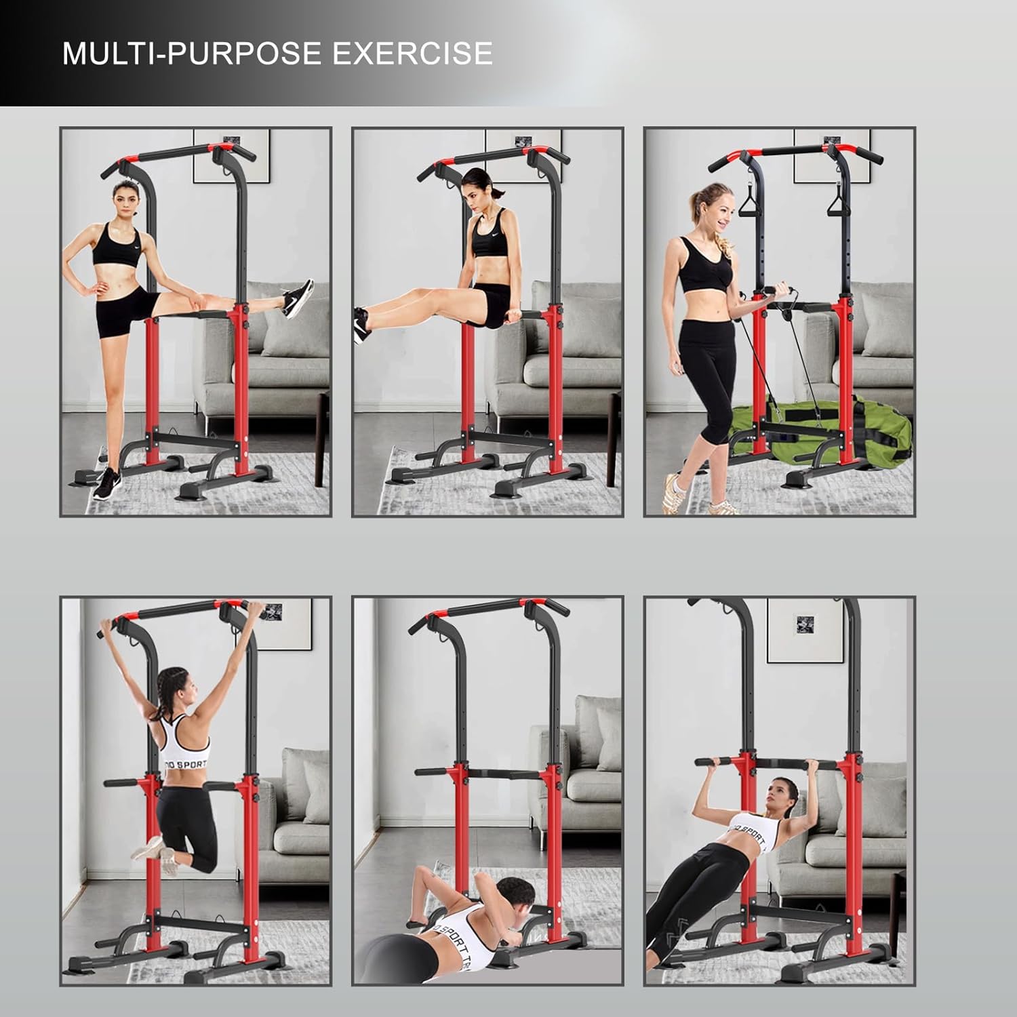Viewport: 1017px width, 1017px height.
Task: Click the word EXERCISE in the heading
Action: [x=413, y=53]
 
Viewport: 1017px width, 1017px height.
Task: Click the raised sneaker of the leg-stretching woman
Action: [x=297, y=298]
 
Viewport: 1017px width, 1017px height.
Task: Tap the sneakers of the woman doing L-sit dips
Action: [x=361, y=324]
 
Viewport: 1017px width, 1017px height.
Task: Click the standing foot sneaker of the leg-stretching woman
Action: [x=106, y=483]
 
